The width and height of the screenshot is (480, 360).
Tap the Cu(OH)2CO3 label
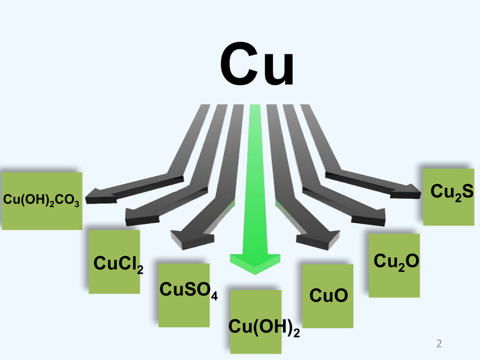pos(42,200)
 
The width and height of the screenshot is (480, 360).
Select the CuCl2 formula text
pos(118,263)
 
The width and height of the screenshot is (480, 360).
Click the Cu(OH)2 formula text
pos(264,327)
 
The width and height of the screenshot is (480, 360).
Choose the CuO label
pos(328,296)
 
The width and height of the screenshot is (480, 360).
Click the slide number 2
pos(439,344)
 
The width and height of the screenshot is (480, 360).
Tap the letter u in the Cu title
pos(278,68)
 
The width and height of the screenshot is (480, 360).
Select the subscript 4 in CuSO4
pos(214,296)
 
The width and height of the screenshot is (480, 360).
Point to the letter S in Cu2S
pos(466,191)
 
